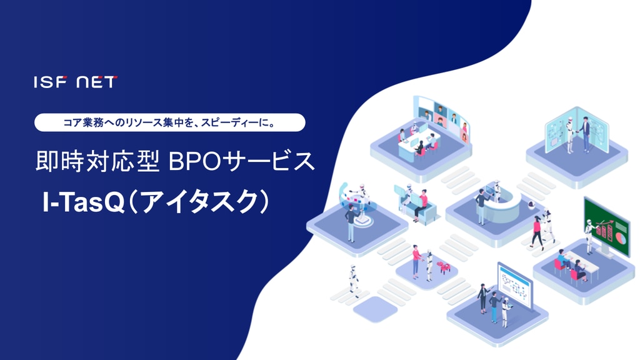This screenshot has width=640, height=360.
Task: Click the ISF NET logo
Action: point(76,82)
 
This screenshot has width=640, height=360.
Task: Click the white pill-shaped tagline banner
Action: point(170,122)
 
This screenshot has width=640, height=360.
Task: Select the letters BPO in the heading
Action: point(191,162)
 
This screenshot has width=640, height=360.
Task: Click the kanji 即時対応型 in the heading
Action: point(97,161)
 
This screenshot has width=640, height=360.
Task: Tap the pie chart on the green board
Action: point(621,237)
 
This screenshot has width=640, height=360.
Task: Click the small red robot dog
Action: point(443,267)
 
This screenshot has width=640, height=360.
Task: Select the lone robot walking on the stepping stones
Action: point(354,281)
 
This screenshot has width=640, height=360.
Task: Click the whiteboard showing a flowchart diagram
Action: point(515,285)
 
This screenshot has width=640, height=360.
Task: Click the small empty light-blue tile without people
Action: point(375,309)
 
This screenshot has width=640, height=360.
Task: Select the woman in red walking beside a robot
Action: point(537,232)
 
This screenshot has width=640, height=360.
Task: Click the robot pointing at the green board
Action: point(589,236)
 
